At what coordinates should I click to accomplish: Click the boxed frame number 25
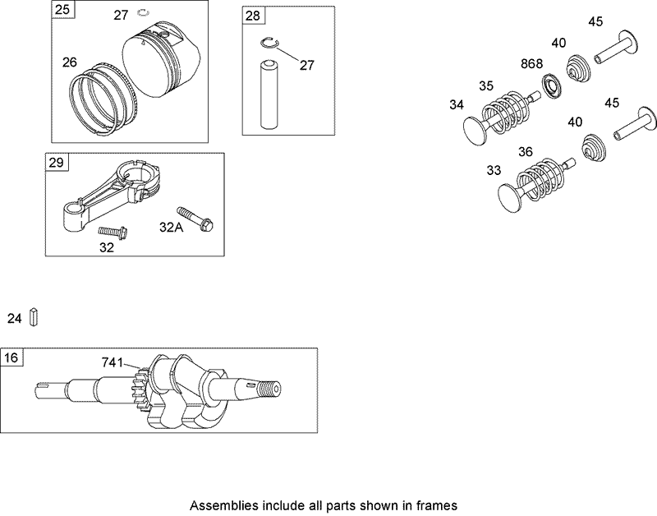[62, 10]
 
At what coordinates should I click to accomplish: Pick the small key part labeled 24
[35, 316]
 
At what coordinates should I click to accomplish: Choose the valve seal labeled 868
[553, 84]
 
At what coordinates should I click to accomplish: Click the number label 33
[493, 170]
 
